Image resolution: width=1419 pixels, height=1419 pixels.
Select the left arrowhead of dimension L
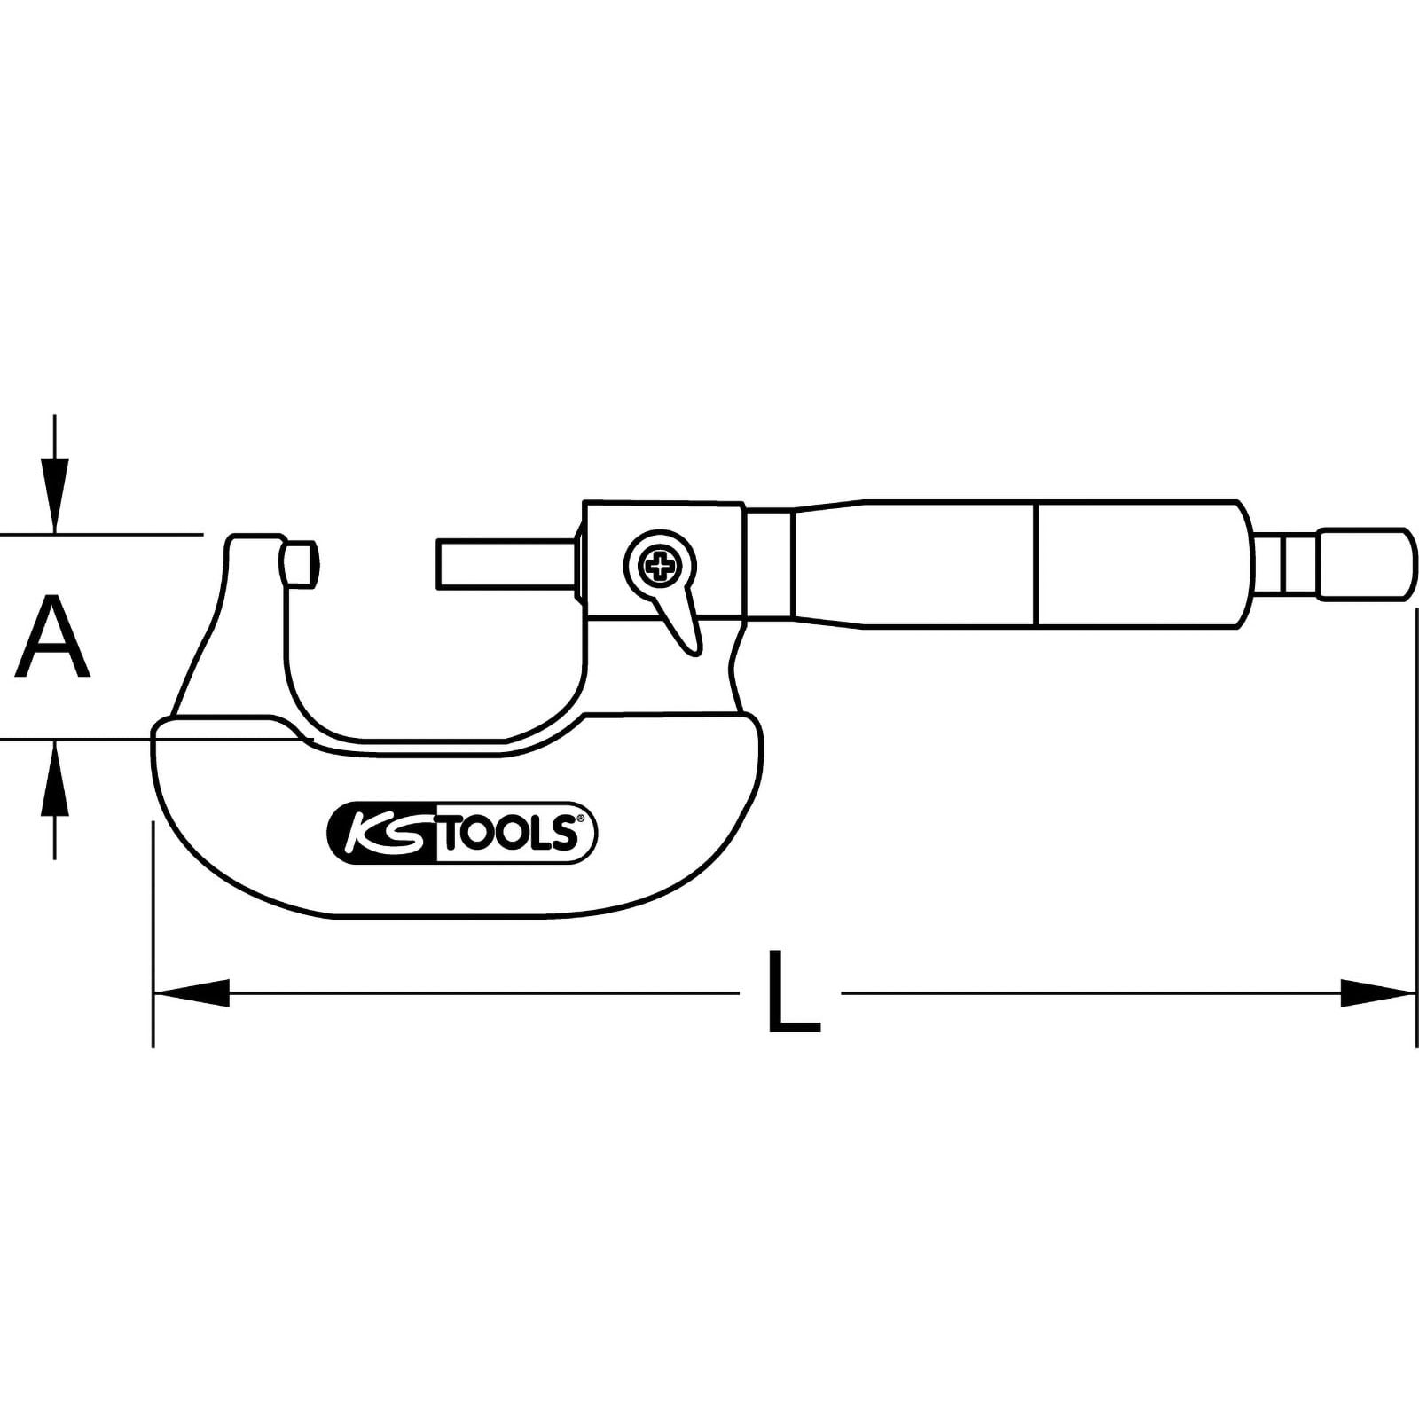click(x=192, y=992)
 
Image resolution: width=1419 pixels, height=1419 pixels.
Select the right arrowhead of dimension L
click(x=1377, y=992)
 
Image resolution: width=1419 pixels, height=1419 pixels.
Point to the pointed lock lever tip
click(x=695, y=654)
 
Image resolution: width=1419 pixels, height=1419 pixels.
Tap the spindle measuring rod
click(x=506, y=563)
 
